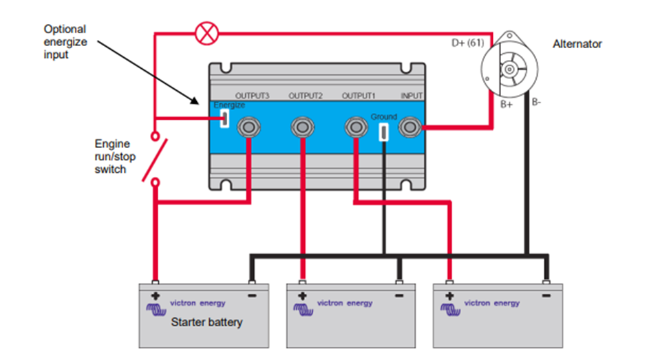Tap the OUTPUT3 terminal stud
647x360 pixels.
click(x=248, y=127)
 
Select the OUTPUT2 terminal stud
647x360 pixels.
click(x=301, y=127)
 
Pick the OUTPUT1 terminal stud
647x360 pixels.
click(x=355, y=127)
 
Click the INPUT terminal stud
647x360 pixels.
click(x=411, y=127)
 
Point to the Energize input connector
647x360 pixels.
click(x=224, y=119)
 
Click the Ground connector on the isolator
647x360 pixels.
click(x=384, y=131)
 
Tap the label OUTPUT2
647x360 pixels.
click(x=306, y=96)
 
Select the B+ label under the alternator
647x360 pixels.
click(x=506, y=105)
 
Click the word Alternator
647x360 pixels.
click(x=577, y=44)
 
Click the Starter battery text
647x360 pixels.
click(x=206, y=322)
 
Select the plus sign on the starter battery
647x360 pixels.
click(x=156, y=297)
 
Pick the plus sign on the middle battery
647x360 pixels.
click(x=302, y=297)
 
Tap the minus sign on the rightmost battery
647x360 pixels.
click(x=545, y=297)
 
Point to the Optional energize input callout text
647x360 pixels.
click(x=65, y=42)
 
